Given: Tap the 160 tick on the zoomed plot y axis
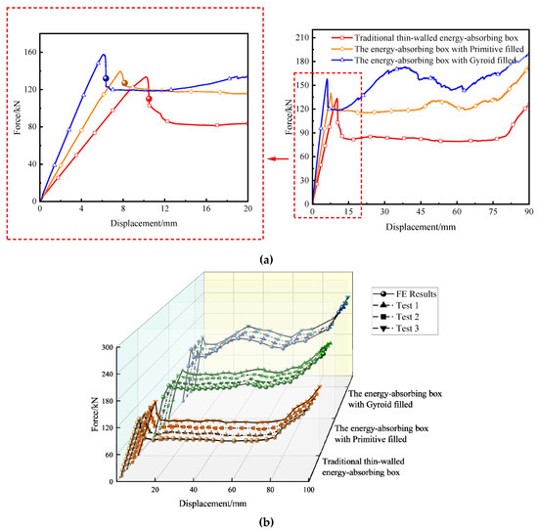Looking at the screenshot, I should pyautogui.click(x=29, y=51).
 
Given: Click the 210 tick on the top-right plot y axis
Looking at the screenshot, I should pyautogui.click(x=301, y=37).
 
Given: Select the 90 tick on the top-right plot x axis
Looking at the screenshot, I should pyautogui.click(x=528, y=211).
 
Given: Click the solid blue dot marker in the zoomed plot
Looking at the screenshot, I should pyautogui.click(x=106, y=79).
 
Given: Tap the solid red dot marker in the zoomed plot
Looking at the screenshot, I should pyautogui.click(x=149, y=99).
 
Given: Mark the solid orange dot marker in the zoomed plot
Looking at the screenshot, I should pyautogui.click(x=124, y=83).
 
